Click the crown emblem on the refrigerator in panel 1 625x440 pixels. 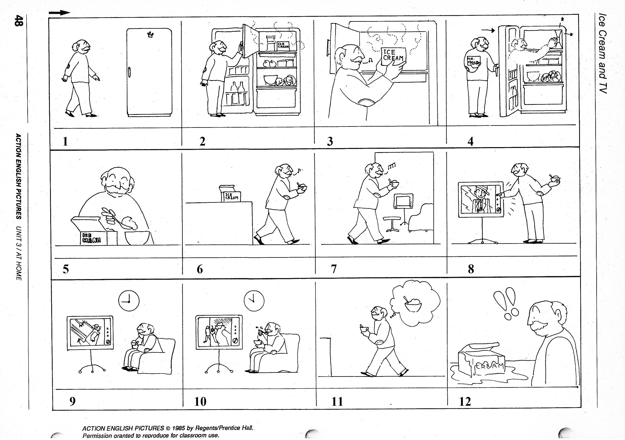tap(150, 34)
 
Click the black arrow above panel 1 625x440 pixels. tap(60, 13)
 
